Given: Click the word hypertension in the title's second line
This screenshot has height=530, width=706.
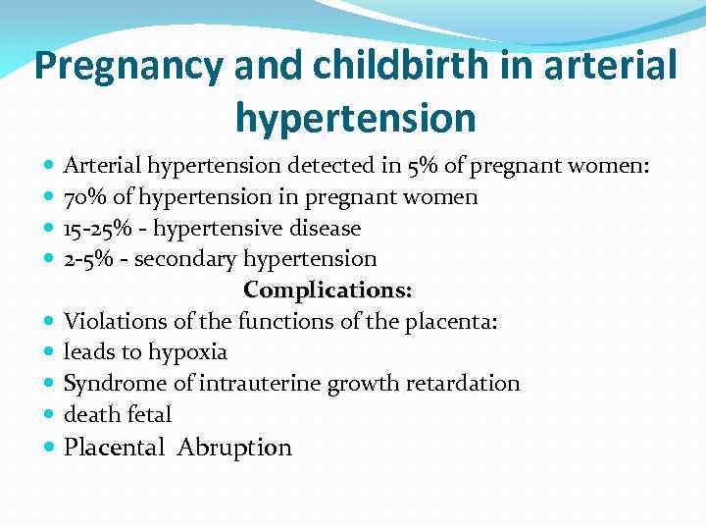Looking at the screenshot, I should [x=355, y=118].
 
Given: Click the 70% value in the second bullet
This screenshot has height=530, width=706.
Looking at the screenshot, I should [x=83, y=197].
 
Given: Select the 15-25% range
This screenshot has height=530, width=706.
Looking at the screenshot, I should [x=94, y=229].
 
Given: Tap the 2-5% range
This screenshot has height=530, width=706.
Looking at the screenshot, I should [x=87, y=259].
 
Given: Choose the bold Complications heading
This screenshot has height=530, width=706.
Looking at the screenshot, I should [x=328, y=291].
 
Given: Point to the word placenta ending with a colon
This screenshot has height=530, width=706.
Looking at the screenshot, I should [x=459, y=321].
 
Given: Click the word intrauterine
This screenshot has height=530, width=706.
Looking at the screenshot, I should [x=249, y=383].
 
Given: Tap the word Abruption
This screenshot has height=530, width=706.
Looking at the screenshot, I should [x=234, y=448].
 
